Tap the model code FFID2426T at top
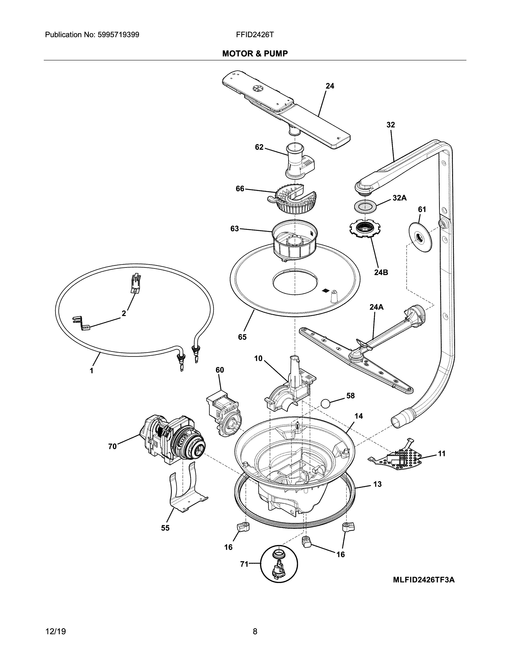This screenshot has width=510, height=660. coord(255,35)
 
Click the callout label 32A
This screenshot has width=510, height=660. coord(399,198)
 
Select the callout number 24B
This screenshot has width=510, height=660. coord(381,272)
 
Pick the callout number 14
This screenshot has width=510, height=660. coord(359,416)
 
